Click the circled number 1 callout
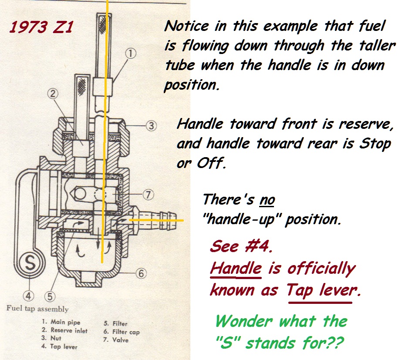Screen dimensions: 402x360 tap(131, 54)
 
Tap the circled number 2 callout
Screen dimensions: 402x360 tap(53, 94)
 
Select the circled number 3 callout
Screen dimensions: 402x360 tap(151, 126)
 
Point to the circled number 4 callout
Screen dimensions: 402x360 tap(28, 296)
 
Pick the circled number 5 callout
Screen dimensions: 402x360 tap(50, 296)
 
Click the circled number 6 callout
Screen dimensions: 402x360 tap(141, 273)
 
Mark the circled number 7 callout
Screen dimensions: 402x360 tap(148, 195)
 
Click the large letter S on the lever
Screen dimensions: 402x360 tap(30, 263)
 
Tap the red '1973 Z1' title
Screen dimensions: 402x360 tap(41, 27)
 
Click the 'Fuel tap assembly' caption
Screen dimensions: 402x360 tap(37, 309)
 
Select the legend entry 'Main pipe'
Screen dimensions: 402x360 tap(61, 322)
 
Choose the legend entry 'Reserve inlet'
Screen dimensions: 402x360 tap(64, 330)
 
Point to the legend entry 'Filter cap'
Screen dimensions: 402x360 tap(122, 332)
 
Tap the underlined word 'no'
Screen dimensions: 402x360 tap(267, 200)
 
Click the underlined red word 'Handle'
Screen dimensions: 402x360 tap(236, 269)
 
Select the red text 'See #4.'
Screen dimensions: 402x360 tap(241, 246)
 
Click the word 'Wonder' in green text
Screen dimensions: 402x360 tap(243, 321)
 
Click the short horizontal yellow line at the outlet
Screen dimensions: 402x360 tap(156, 220)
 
